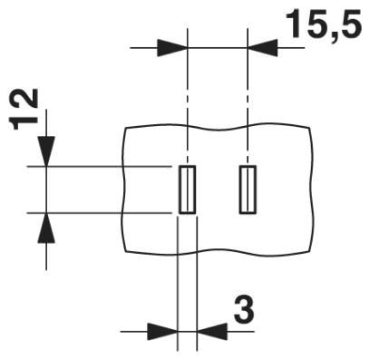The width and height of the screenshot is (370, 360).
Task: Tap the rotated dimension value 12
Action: pos(28,110)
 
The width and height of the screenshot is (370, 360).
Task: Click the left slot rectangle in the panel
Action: pos(186,190)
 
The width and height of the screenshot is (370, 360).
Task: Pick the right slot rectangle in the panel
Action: pos(247,190)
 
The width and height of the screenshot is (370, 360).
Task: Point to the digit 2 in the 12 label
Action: pos(28,99)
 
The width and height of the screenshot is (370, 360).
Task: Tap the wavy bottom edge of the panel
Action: pos(218,252)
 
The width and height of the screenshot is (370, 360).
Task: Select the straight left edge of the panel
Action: pos(122,190)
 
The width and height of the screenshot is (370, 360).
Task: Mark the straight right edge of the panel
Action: pos(313,190)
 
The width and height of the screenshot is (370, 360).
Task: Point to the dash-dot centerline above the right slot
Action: pos(247,100)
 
